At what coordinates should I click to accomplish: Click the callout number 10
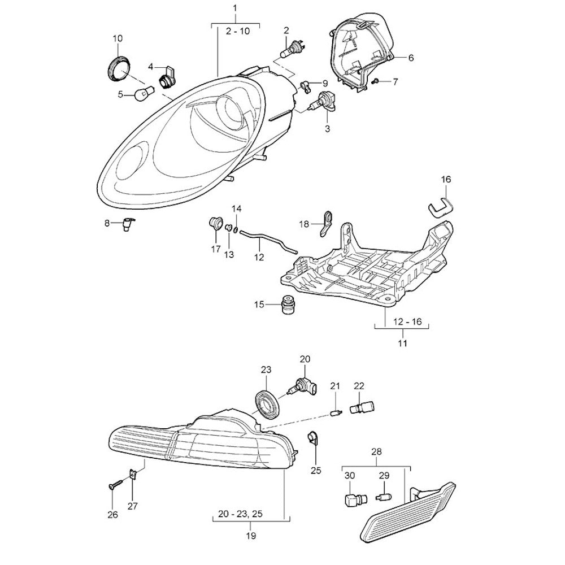tap(118, 38)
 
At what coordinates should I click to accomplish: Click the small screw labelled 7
tap(375, 82)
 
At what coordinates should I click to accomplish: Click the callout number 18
tap(303, 224)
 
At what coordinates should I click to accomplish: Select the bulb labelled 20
tap(302, 386)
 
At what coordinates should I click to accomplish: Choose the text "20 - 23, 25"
tap(248, 515)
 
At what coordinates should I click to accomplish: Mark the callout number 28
tap(376, 451)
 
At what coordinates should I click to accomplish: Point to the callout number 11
tap(402, 342)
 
